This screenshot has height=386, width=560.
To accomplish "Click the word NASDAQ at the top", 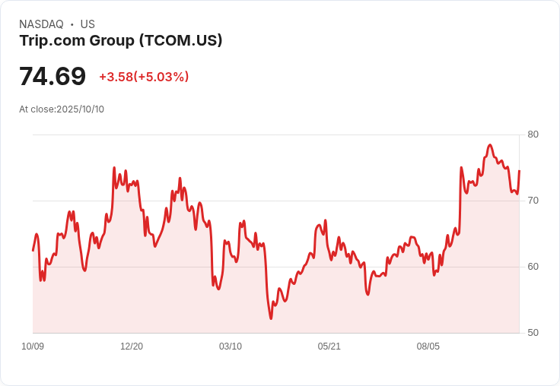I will point(41,24).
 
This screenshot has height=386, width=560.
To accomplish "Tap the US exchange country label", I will point(87,24).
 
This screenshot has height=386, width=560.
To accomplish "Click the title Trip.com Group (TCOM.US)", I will point(121,40).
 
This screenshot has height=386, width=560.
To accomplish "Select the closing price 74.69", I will point(52,77).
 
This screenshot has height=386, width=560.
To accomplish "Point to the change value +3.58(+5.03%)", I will point(144,77).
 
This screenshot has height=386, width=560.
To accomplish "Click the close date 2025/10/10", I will point(80,109).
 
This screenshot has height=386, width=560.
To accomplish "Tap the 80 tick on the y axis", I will point(533,134).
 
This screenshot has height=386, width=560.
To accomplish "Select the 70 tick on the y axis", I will point(533,201).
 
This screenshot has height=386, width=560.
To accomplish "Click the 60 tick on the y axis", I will point(533,267).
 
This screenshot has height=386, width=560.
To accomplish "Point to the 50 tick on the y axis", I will point(533,333).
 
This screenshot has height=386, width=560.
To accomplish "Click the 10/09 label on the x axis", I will point(33,346).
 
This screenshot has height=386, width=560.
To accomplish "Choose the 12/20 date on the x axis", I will point(132,346).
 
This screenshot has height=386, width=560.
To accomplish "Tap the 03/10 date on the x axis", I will point(231,346).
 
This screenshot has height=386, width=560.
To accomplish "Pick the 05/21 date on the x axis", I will point(329,346).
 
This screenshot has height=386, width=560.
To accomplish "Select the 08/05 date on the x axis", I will point(428,346).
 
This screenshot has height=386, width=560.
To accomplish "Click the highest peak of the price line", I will point(490,144).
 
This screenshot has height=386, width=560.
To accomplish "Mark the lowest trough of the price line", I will point(271,318).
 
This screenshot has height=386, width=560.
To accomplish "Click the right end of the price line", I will point(519,171).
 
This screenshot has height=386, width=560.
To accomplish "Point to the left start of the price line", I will point(33,250).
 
